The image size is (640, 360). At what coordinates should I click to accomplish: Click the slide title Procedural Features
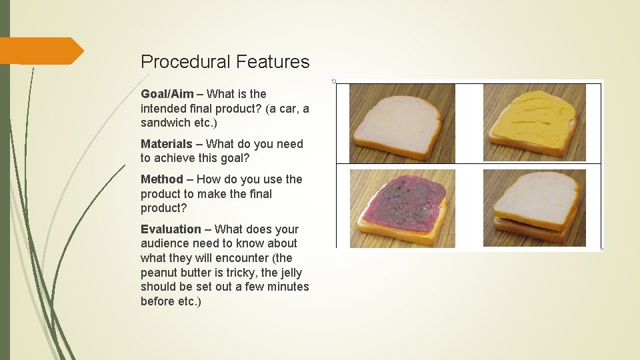pos(225,62)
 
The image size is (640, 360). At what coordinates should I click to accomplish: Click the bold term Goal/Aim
pos(167,94)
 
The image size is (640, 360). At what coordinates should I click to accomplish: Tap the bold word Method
pos(161,179)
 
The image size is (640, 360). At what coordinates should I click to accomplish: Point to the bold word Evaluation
pos(171,229)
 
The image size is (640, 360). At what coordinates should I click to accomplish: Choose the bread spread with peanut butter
pos(534,121)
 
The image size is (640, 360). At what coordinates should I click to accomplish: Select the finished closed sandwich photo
pos(534,207)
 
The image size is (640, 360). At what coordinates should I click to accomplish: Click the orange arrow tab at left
pos(40,51)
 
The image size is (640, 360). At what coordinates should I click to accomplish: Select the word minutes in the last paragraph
pos(287,287)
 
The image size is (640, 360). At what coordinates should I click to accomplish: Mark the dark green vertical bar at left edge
pos(5,180)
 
